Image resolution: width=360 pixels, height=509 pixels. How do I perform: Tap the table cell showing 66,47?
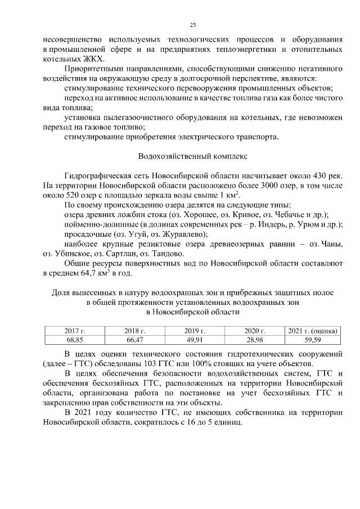tap(134, 340)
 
